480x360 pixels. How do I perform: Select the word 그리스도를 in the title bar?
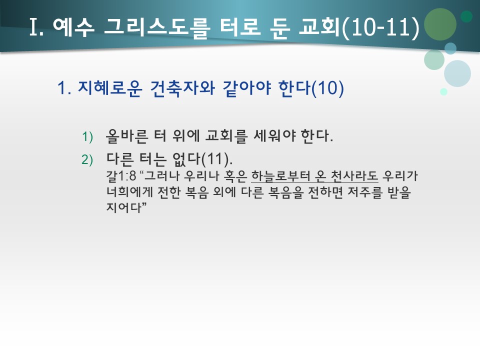coord(157,28)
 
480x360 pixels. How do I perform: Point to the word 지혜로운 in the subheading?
coord(107,89)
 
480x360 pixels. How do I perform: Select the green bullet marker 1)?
coord(87,136)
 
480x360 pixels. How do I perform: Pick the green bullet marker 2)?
coord(87,159)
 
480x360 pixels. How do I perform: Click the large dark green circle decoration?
coord(440,24)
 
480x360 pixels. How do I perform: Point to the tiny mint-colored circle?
coord(443,91)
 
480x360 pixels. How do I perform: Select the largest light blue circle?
coord(457,73)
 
